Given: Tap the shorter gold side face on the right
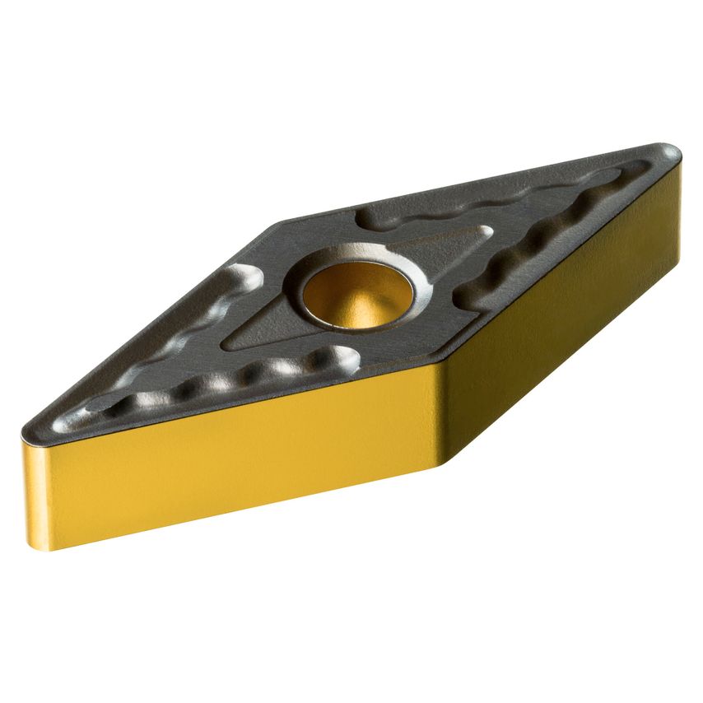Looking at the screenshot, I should (x=568, y=305).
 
